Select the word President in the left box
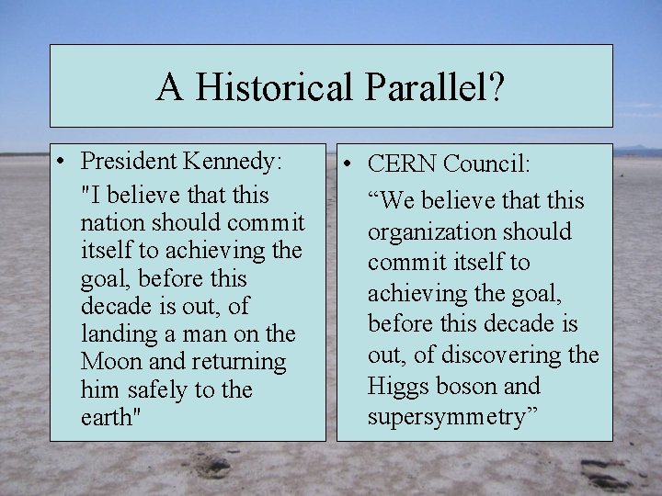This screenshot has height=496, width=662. (x=130, y=162)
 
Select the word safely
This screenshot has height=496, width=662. (x=156, y=389)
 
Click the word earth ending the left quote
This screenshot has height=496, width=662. (x=107, y=417)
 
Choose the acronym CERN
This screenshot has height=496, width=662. (x=402, y=164)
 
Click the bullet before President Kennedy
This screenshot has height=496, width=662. (x=59, y=163)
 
